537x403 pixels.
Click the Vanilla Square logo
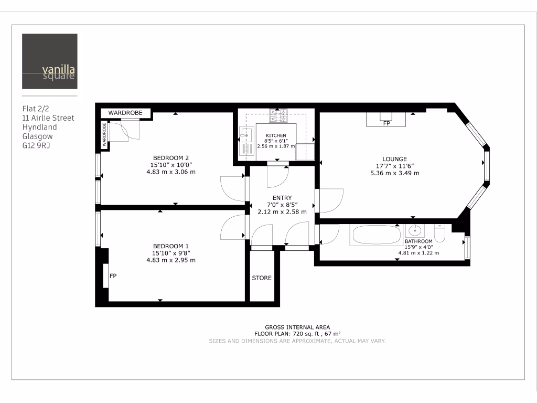(49, 61)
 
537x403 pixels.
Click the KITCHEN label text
(276, 135)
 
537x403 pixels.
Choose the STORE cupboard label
(262, 278)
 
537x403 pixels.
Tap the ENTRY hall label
(282, 198)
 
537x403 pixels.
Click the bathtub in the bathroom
(375, 235)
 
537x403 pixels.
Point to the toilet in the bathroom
(441, 234)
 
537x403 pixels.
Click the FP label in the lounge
(386, 124)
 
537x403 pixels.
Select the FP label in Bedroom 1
(112, 275)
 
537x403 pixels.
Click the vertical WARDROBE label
(104, 135)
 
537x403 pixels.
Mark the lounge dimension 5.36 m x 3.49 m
(394, 173)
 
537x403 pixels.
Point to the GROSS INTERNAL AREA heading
(297, 327)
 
